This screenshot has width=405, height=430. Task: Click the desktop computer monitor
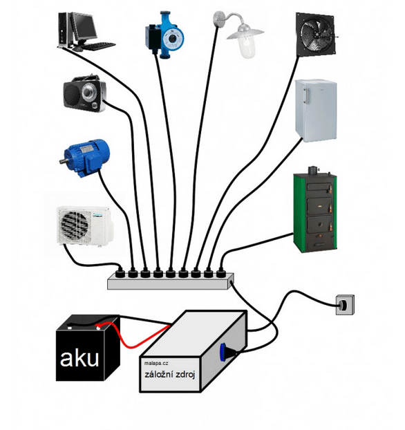84,28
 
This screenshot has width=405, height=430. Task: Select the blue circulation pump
164,35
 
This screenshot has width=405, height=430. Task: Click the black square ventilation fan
317,35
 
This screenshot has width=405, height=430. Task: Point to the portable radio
84,93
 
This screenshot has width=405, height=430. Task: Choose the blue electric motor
85,158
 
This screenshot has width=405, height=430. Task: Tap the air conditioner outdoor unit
85,225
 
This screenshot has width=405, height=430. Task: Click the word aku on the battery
79,358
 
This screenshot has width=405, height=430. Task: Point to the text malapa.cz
156,364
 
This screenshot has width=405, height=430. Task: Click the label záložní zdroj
170,375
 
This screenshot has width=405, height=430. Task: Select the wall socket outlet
345,305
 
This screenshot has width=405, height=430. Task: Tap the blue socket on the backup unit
223,352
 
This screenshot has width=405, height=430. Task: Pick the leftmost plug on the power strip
120,273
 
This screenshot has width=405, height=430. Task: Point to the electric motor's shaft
63,161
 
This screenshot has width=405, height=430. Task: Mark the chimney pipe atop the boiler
312,171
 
